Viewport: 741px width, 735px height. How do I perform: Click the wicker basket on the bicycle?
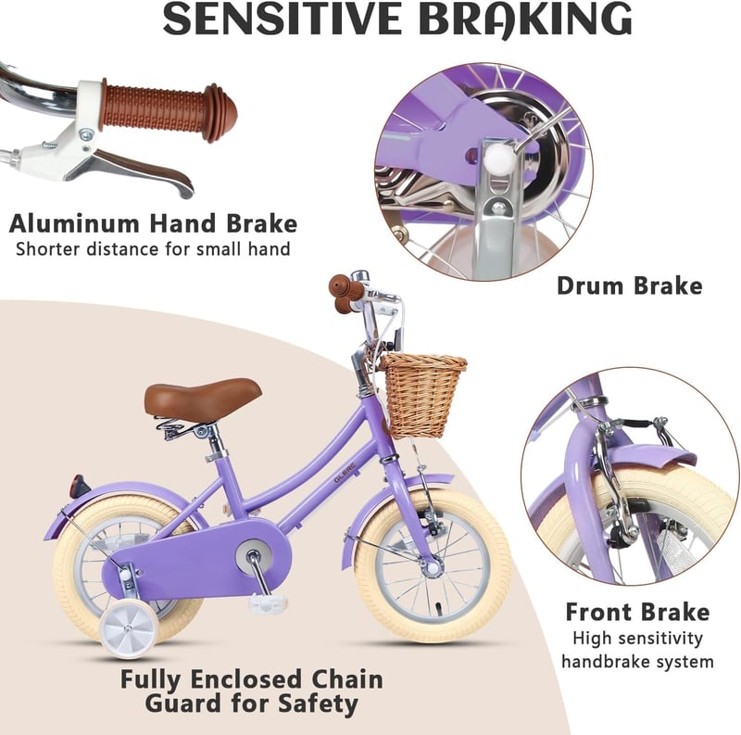(421, 396)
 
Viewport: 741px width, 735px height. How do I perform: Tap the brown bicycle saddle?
(203, 399)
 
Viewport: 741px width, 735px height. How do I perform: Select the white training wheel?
(129, 629)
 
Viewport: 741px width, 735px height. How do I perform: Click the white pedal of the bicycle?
(268, 603)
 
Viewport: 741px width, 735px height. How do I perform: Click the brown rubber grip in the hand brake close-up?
(169, 109)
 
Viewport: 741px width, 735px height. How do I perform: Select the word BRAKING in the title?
(525, 19)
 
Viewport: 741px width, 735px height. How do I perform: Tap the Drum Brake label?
(630, 285)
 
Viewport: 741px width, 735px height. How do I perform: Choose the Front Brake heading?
(637, 612)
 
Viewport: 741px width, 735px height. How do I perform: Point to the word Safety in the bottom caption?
(318, 704)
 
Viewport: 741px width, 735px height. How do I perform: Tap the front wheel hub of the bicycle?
(433, 566)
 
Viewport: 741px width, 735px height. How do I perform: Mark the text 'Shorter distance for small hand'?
(153, 249)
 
